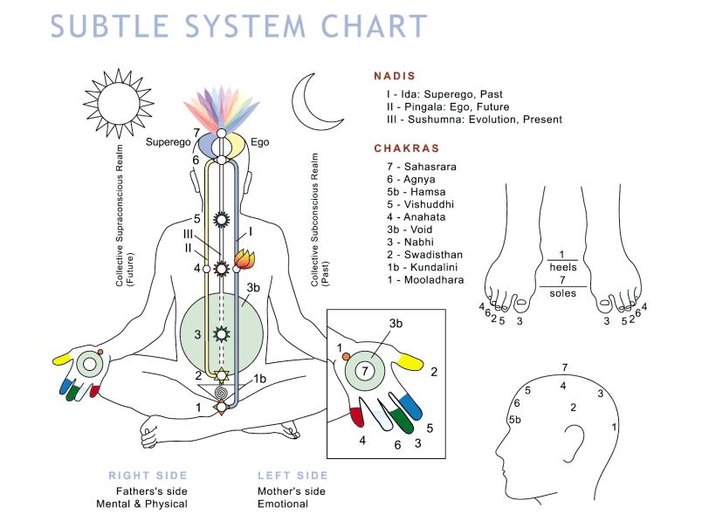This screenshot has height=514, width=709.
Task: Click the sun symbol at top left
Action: [111, 102]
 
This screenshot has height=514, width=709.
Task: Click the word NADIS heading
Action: [394, 76]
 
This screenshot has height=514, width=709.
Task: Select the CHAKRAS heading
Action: [406, 148]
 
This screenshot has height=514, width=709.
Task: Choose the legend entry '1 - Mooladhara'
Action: [424, 280]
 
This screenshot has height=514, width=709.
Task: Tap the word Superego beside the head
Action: [168, 141]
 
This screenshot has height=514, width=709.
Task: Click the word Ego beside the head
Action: [260, 141]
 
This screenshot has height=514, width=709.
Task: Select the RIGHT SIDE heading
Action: [148, 476]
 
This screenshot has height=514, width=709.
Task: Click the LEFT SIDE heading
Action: [293, 476]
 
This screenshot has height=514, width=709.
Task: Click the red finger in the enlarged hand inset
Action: [355, 415]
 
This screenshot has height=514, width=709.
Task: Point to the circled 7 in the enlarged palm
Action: [368, 369]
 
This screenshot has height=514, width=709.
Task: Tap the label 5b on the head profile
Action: [515, 421]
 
